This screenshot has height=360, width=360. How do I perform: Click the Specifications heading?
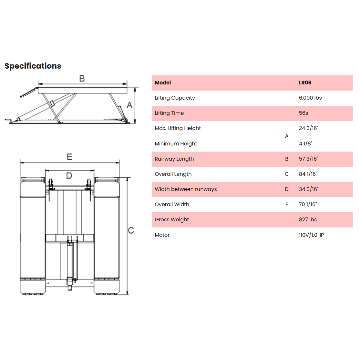pos(33,66)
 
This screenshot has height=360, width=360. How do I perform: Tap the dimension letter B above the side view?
pos(82,79)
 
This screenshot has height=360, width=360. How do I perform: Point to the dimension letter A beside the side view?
pos(129,105)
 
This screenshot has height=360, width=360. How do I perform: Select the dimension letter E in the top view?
pos(69,157)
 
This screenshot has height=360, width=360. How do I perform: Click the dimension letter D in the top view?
pos(69,176)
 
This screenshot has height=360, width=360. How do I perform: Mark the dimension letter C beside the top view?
pos(131,230)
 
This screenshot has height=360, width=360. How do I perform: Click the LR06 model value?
pos(305,83)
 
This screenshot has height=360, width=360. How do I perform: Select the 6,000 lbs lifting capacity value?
pos(310,98)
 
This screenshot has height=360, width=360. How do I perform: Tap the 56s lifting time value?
pos(303,113)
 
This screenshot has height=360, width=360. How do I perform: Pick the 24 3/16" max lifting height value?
pos(309,128)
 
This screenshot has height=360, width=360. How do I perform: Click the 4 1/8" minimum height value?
pos(306,144)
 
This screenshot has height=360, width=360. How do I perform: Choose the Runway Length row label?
pos(174,159)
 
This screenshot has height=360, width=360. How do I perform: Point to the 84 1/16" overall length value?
pos(308,174)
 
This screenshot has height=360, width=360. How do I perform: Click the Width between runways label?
pos(186,189)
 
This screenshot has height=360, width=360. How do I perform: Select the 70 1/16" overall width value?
pos(308,204)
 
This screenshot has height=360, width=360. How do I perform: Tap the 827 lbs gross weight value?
pos(308,219)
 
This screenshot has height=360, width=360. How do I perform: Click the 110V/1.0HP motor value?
pos(311,235)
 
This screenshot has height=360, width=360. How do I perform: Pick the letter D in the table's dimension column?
pos(287,189)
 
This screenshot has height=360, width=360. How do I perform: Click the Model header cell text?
pos(163,83)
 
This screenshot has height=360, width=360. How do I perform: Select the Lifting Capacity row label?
pos(175,98)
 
